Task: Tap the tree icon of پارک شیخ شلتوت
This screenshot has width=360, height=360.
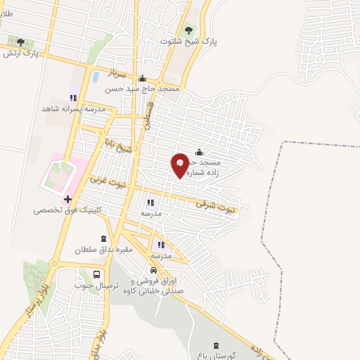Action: (x=188, y=30)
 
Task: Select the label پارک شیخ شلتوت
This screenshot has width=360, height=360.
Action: (x=188, y=42)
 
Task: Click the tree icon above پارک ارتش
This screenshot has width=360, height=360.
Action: (x=20, y=41)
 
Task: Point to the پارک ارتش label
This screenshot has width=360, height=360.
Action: (x=20, y=53)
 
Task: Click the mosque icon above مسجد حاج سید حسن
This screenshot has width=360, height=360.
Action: (x=142, y=78)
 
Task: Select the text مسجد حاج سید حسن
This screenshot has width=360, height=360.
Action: (x=142, y=89)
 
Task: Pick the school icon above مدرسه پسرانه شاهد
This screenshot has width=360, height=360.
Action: (x=72, y=98)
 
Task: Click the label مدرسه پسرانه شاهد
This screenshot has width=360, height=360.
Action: (x=73, y=109)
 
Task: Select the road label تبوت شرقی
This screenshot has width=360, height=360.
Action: (x=218, y=205)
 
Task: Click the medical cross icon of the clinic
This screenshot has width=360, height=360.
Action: (x=67, y=199)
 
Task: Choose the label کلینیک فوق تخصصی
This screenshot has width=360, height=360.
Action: (x=68, y=210)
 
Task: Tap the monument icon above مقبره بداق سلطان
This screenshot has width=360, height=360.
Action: (x=105, y=239)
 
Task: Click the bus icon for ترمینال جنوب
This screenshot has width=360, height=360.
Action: (x=96, y=274)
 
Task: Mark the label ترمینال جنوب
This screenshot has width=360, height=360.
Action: (x=96, y=285)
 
